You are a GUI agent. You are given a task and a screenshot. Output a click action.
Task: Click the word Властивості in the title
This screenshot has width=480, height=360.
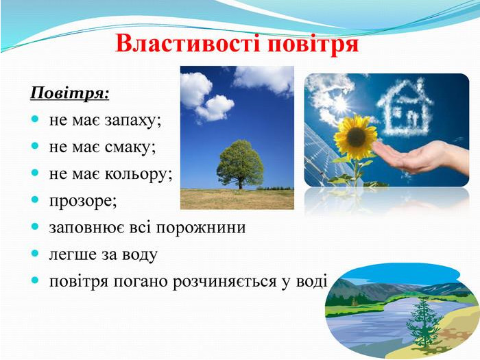point(188,44)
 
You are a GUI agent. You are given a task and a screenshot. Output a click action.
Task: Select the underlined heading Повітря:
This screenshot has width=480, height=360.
point(70,93)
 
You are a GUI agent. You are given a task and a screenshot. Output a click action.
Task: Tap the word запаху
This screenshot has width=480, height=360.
point(133,121)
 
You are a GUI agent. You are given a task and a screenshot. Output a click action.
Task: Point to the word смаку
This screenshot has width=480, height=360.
point(130,147)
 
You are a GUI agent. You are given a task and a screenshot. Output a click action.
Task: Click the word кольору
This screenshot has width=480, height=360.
point(139,174)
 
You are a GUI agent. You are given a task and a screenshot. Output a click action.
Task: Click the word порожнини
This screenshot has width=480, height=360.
point(201,228)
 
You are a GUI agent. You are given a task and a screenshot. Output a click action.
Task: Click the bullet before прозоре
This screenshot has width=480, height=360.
point(35,200)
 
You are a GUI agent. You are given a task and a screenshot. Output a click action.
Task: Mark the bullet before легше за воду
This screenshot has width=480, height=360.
point(35,254)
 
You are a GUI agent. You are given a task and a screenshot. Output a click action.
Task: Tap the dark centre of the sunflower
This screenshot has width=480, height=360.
point(356,136)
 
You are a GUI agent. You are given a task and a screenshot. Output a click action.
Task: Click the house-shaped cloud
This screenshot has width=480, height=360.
point(405,106)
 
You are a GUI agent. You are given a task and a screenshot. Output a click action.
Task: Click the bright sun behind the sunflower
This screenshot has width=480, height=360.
point(339,105)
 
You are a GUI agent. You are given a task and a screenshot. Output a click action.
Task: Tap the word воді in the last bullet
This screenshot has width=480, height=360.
point(312,281)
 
